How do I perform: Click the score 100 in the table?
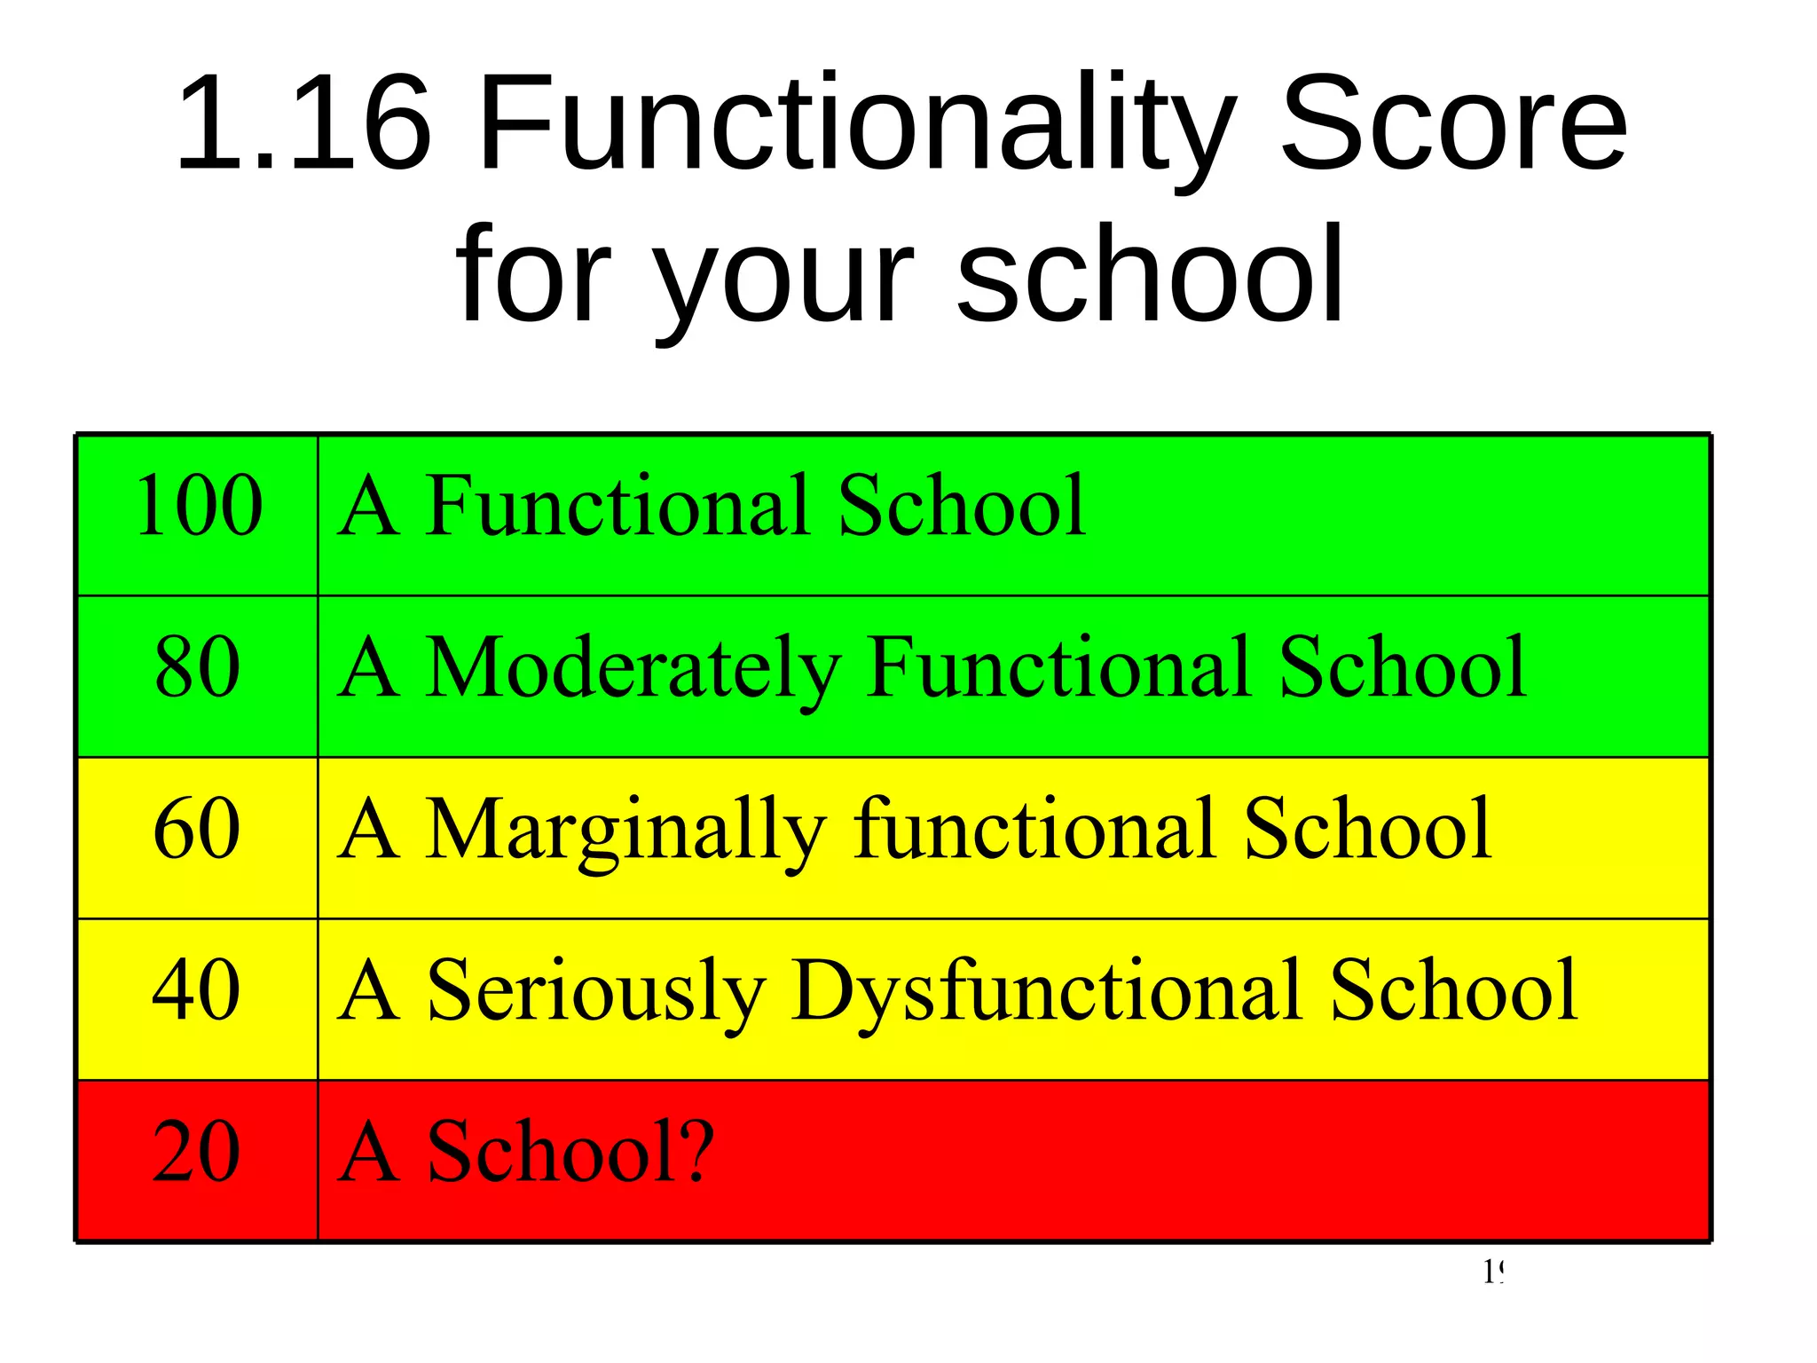point(199,506)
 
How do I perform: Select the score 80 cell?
point(197,667)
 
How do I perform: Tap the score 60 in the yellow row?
point(197,829)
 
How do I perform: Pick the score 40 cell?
point(197,990)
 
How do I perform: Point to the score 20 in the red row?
point(197,1152)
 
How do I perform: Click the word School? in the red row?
point(570,1152)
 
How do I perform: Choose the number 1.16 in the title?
point(303,124)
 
